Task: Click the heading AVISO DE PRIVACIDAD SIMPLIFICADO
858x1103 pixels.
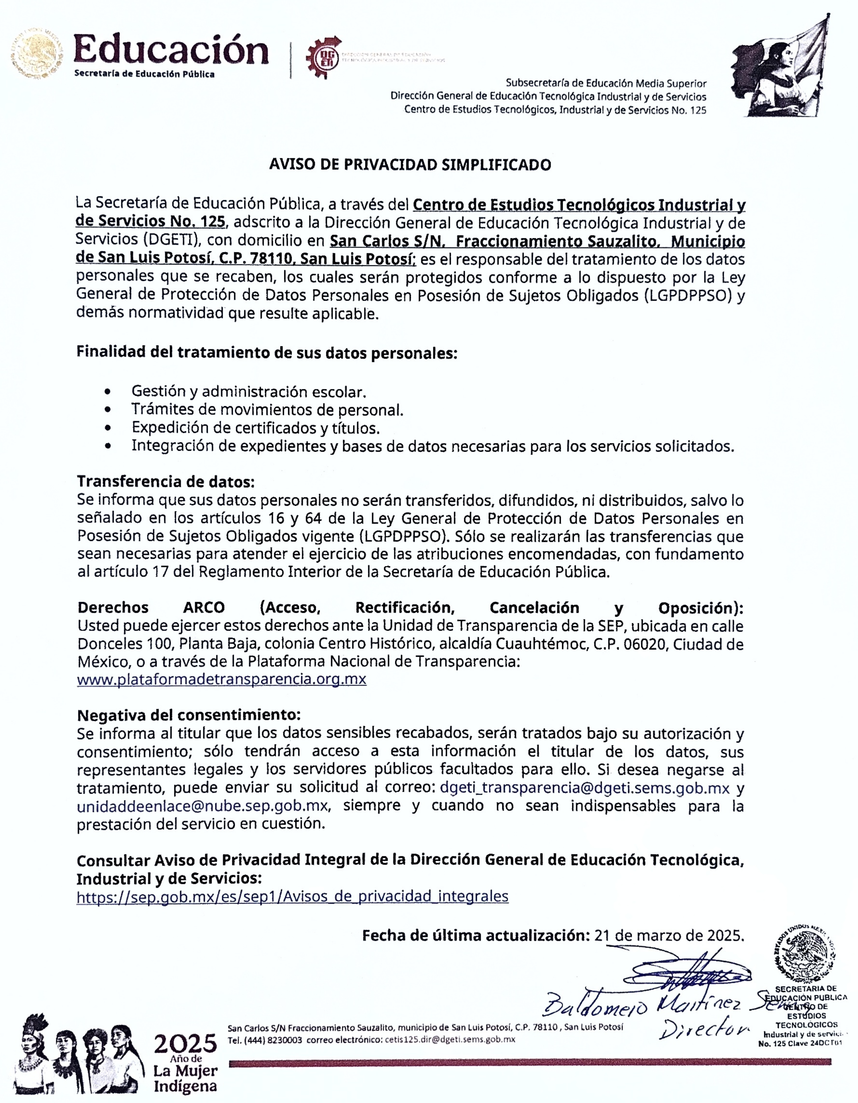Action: [410, 165]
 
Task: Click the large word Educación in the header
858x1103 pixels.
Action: [171, 50]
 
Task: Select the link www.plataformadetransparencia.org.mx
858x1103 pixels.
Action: [221, 679]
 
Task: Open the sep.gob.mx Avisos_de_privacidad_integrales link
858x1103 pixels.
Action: [292, 897]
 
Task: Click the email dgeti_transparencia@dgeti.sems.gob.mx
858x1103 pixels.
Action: [585, 788]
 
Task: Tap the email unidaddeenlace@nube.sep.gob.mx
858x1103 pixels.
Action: [202, 806]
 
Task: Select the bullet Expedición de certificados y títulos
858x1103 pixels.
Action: [255, 428]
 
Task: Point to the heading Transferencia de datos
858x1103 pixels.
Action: [166, 482]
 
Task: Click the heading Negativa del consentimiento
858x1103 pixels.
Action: [189, 715]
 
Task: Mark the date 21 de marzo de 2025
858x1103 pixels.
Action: [669, 936]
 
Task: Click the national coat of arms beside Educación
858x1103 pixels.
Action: [38, 54]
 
